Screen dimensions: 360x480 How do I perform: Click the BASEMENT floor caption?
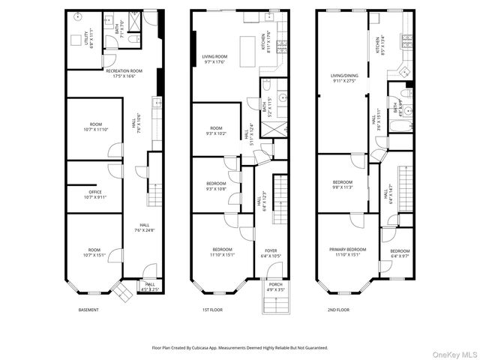[x=88, y=310]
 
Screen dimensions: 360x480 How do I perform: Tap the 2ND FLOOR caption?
[x=337, y=310]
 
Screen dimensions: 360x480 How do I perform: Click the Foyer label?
[x=271, y=253]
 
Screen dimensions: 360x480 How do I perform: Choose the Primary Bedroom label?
[x=347, y=251]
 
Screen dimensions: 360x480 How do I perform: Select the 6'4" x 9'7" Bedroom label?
[x=399, y=253]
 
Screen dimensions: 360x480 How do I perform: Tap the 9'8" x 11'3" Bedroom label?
[x=342, y=184]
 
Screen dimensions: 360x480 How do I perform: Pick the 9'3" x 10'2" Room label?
[x=216, y=130]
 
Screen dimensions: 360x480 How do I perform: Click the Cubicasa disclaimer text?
[x=240, y=348]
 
